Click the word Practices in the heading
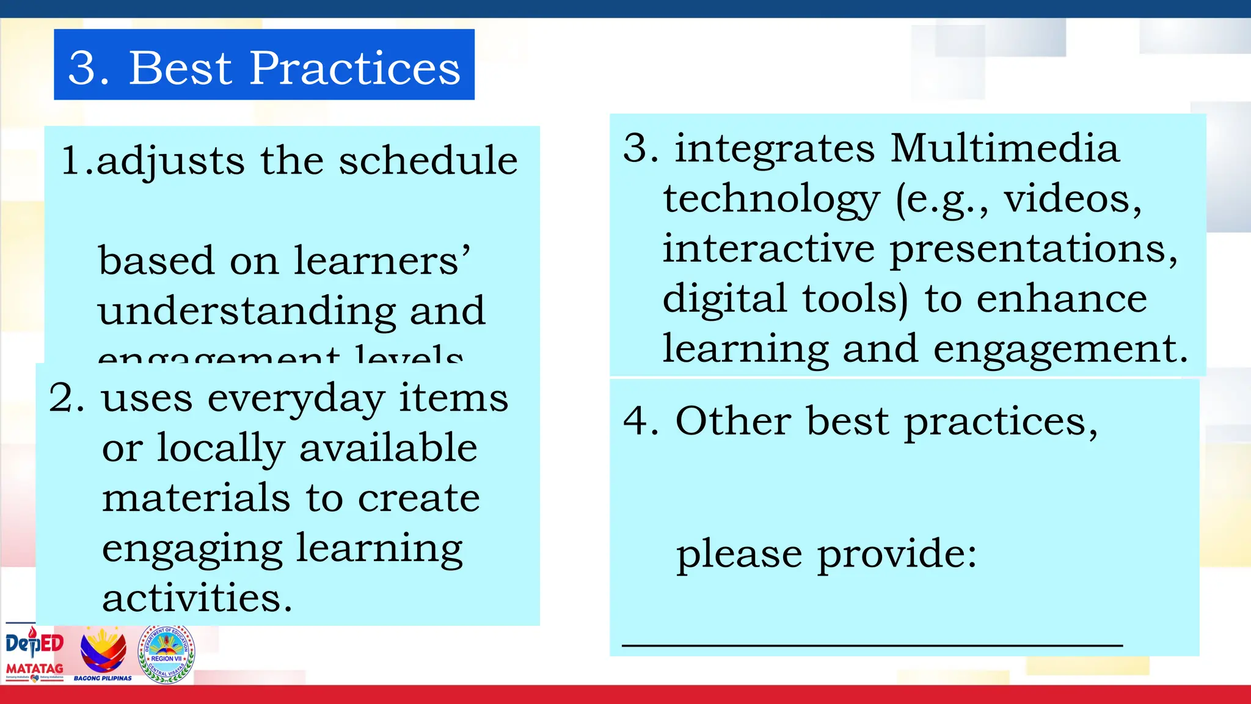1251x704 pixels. coord(355,68)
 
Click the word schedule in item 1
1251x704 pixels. coord(428,161)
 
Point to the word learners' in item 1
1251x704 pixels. coord(382,261)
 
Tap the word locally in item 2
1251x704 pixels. coord(221,449)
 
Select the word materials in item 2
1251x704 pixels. coord(195,498)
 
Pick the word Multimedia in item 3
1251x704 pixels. coord(1005,148)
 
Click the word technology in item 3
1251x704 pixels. coord(771,199)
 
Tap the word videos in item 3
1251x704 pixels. coord(1072,199)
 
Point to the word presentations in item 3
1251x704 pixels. coord(1033,249)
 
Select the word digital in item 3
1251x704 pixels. coord(724,299)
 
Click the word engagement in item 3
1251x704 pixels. coord(1060,349)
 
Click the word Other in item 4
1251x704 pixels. coord(733,421)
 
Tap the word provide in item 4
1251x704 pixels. coord(896,554)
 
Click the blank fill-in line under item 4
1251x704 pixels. coord(872,645)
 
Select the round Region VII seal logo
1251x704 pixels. coord(166,654)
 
